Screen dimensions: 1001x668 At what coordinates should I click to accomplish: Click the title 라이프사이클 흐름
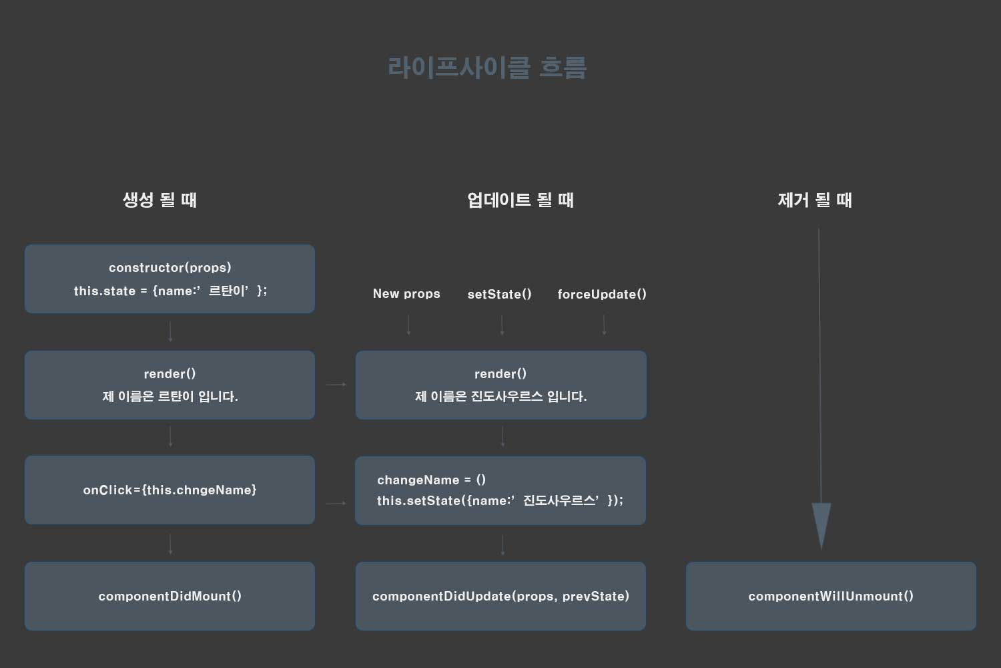click(486, 67)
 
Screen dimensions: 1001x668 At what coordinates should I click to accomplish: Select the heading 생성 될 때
click(159, 200)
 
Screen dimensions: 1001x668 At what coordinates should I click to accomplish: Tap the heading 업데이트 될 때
click(520, 200)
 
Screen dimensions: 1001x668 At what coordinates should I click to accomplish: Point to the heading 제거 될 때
click(814, 200)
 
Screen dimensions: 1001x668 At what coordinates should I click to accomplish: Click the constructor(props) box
click(170, 279)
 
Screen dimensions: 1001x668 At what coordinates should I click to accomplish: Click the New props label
click(406, 294)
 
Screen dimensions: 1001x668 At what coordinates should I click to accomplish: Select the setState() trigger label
click(499, 294)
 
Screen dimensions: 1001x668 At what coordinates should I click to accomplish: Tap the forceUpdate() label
click(602, 294)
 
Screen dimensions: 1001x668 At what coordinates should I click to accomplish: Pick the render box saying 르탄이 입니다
click(170, 385)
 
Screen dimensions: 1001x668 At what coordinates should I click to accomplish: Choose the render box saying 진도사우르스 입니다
click(500, 385)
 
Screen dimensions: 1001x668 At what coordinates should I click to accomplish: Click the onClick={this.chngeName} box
click(170, 490)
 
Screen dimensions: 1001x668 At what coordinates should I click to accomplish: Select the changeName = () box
click(500, 490)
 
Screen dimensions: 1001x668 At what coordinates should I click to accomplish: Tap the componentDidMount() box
click(170, 596)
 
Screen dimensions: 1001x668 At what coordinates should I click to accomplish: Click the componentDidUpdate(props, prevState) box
click(500, 596)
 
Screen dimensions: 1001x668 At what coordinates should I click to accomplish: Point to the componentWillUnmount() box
click(831, 596)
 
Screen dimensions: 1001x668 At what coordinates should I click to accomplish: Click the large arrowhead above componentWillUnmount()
click(821, 525)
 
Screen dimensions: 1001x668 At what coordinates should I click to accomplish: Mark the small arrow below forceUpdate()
click(604, 325)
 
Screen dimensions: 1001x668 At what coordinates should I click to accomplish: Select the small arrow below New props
click(408, 325)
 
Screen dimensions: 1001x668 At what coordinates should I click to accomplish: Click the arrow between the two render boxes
click(336, 385)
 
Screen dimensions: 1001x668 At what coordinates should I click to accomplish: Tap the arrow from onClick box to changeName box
click(336, 503)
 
